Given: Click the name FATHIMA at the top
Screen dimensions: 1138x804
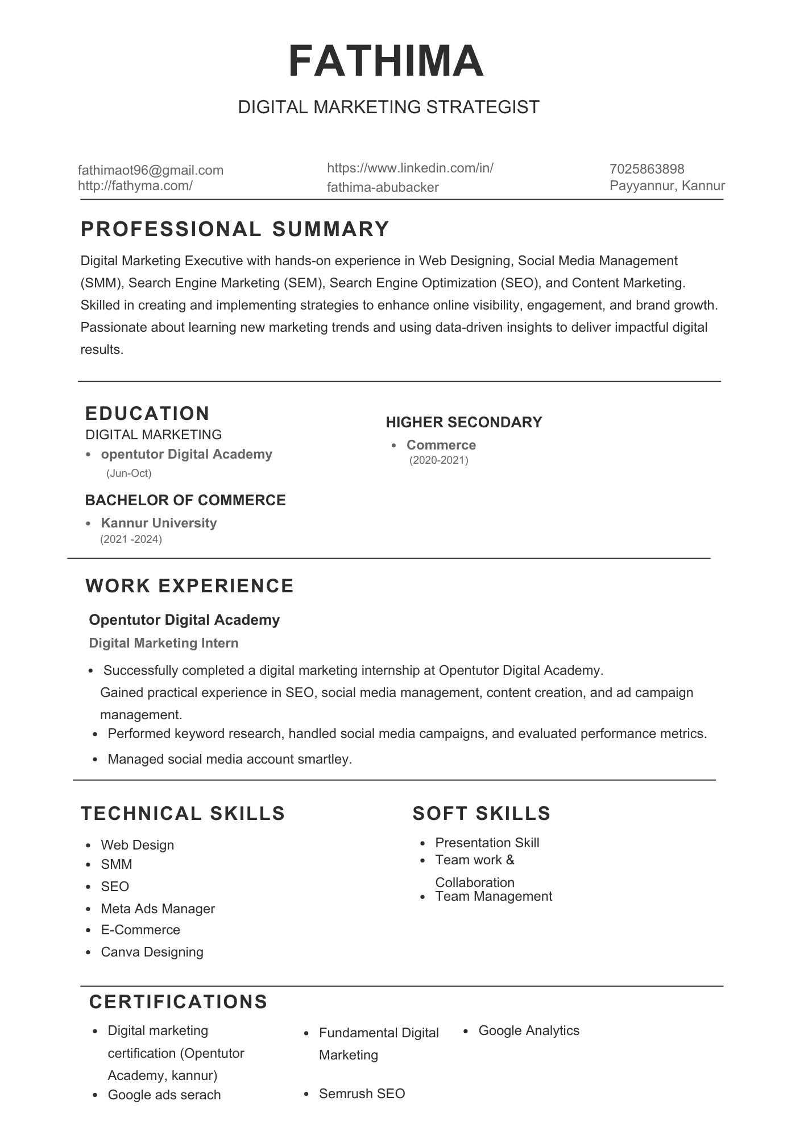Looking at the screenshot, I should (x=386, y=61).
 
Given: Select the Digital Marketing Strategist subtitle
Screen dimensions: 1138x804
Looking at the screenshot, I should (x=388, y=107).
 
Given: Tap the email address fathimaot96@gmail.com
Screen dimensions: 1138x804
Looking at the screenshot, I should (x=150, y=170).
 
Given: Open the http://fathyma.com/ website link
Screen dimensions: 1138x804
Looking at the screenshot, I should (x=135, y=185).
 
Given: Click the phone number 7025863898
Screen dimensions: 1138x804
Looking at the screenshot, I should (x=646, y=169).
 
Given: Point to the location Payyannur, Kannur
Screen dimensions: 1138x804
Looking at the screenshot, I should (x=667, y=185).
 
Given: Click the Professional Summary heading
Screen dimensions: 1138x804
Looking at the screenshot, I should (x=235, y=229).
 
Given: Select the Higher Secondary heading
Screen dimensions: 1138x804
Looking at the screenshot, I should (x=463, y=422).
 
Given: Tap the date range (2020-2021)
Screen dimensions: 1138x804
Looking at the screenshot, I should (x=438, y=460).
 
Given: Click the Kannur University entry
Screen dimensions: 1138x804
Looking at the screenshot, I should (x=159, y=523).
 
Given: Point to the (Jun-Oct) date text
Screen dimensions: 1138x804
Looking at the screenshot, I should (x=129, y=473).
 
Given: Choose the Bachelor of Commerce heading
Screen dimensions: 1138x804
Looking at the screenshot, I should (x=185, y=500).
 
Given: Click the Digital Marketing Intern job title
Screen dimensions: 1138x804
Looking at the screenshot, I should (x=164, y=643).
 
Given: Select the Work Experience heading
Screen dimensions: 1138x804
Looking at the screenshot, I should (x=189, y=586).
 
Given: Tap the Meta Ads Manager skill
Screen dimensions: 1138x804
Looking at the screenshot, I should (x=158, y=909).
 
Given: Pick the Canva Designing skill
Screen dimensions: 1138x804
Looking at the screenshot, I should (x=152, y=952).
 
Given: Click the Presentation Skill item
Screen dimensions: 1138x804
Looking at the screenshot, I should (x=487, y=843).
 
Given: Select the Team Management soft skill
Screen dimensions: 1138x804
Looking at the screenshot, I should (x=494, y=896).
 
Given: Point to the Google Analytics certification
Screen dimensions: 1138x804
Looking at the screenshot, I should (x=529, y=1030).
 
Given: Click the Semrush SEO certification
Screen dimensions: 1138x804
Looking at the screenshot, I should (x=362, y=1094).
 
